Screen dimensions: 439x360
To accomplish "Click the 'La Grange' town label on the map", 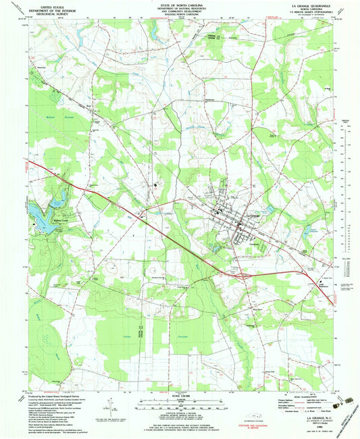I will (252, 215).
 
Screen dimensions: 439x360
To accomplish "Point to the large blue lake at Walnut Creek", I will (36, 212).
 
